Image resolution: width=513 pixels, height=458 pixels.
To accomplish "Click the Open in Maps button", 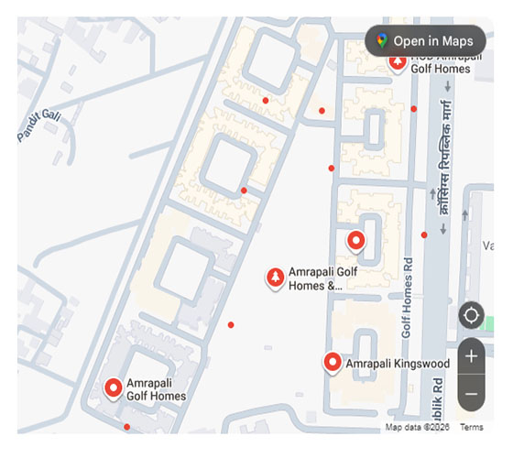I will pos(425,41).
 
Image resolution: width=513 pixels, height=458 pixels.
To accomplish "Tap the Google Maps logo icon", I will pos(381,41).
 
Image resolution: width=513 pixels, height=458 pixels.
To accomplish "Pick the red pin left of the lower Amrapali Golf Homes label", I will pos(115,388).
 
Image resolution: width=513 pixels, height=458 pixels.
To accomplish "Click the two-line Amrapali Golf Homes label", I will pos(157,389).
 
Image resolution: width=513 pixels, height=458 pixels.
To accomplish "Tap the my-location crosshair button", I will pos(472,316).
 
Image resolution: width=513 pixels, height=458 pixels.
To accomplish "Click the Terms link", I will pos(472,428).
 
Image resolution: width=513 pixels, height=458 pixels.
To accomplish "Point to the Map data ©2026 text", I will pos(418,428).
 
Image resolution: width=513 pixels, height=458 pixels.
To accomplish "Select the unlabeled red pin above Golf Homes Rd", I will pos(356,241).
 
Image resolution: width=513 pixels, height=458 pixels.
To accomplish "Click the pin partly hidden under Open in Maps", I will pos(398,62).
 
